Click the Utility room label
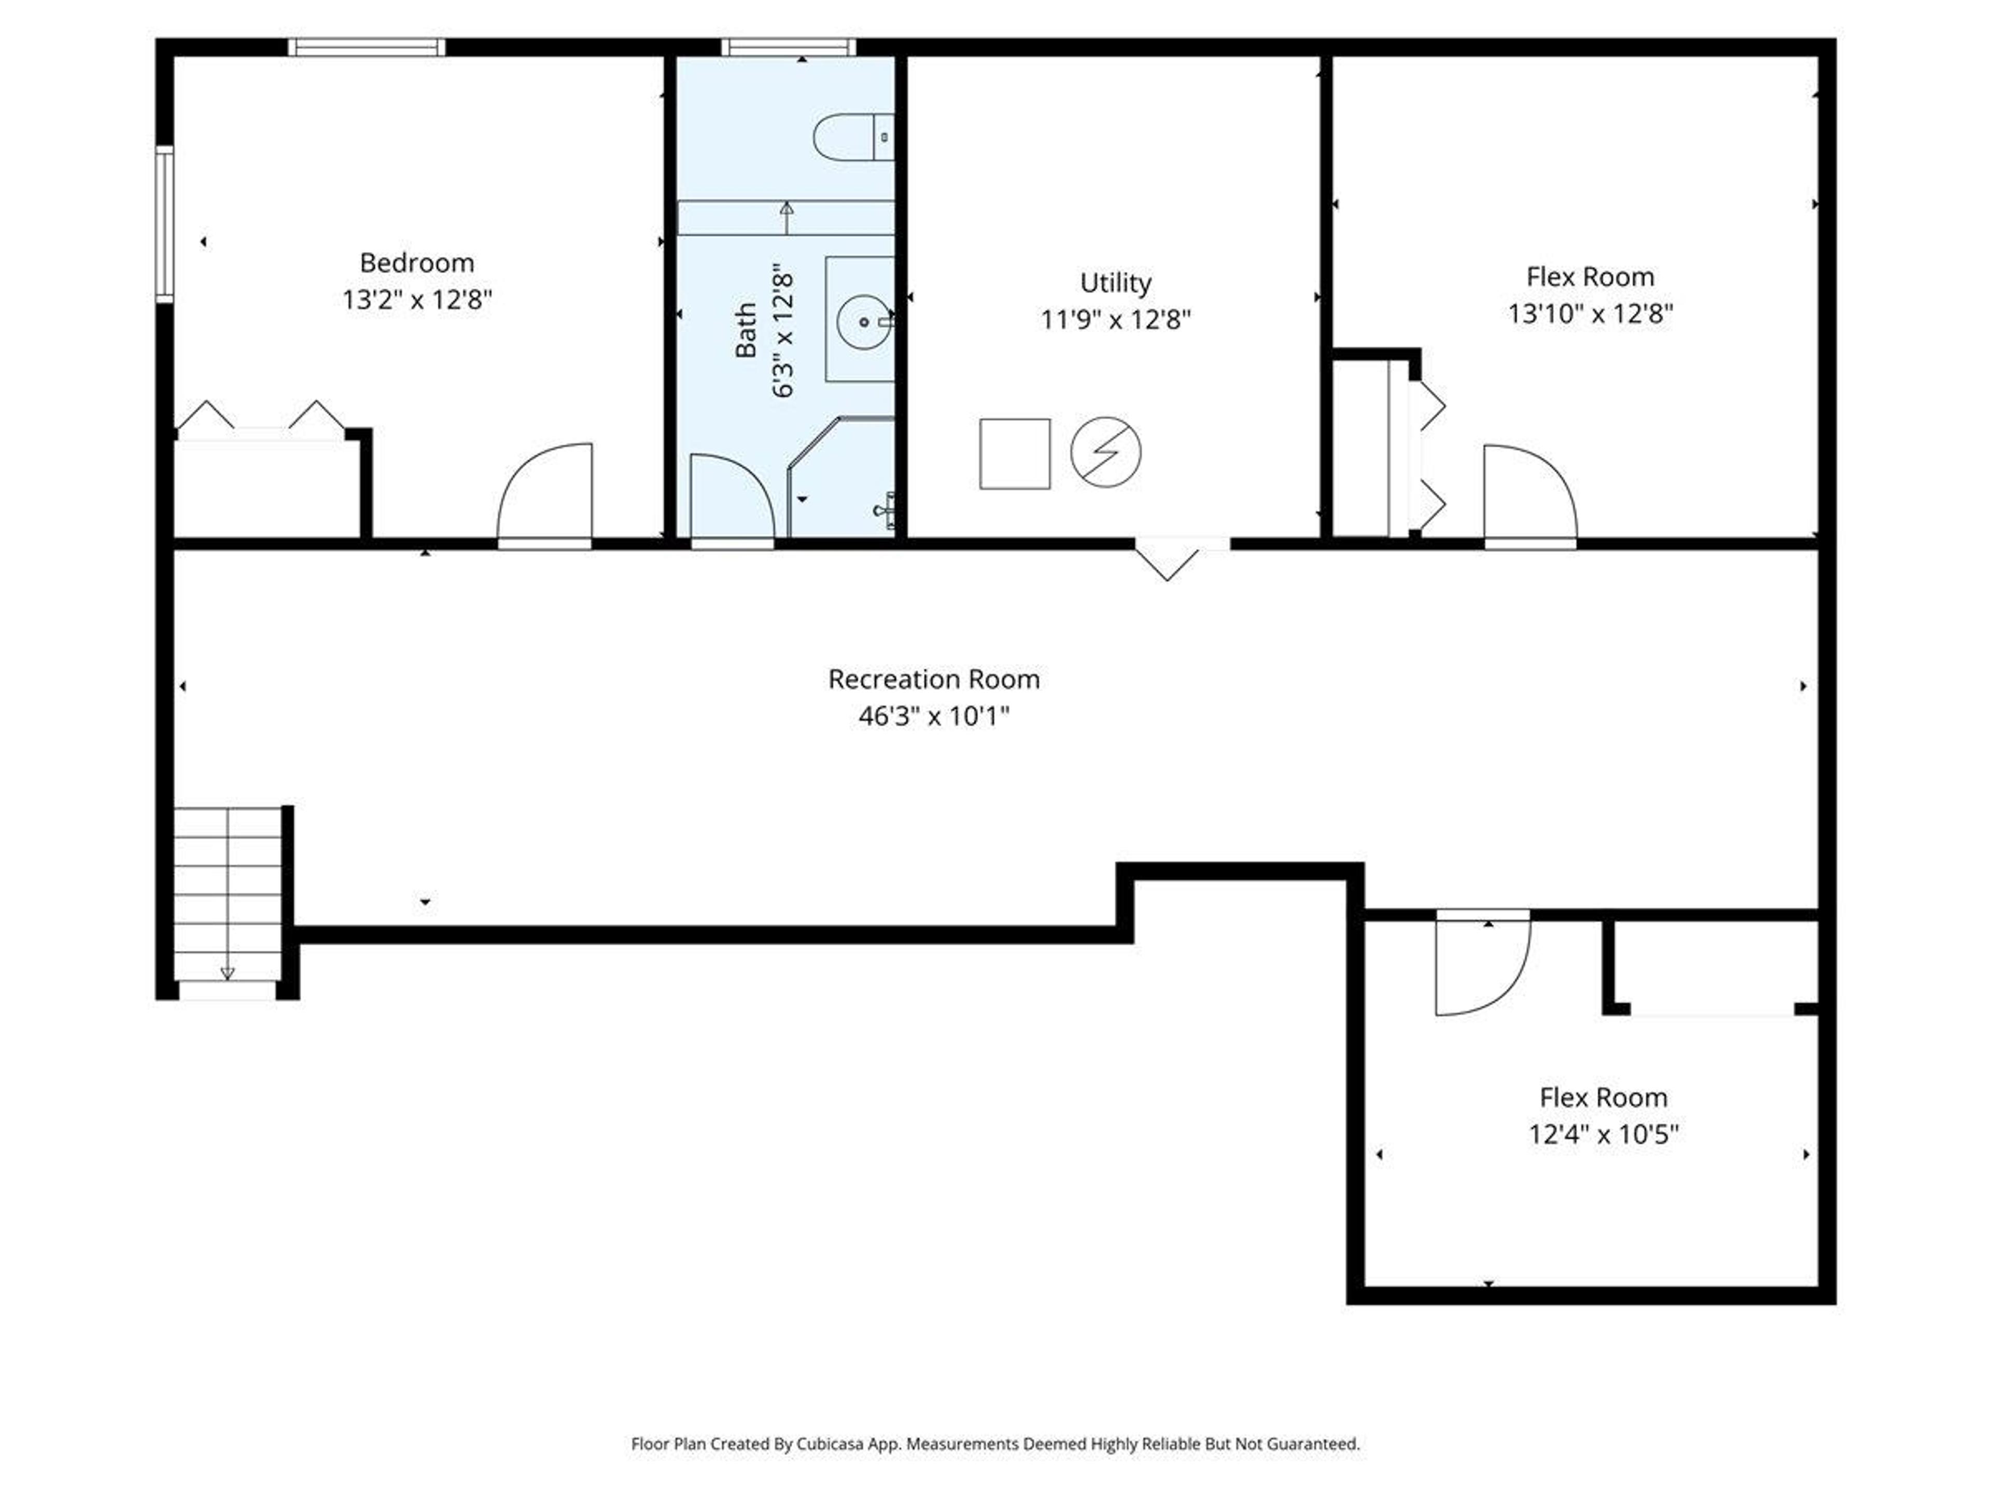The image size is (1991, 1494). click(1115, 283)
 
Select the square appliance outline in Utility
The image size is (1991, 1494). click(1014, 454)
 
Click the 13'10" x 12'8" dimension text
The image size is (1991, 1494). click(1590, 313)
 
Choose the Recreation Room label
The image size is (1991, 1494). click(933, 679)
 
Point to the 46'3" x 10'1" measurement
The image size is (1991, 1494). click(933, 716)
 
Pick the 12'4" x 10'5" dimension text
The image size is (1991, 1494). click(1603, 1134)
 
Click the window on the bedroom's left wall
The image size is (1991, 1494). click(164, 224)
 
